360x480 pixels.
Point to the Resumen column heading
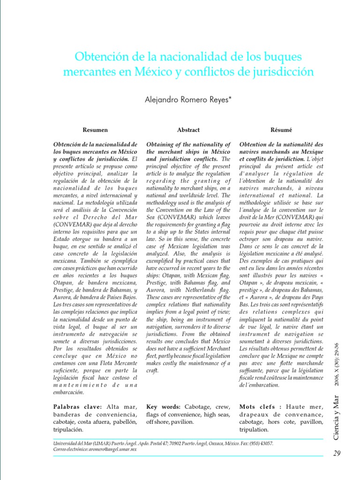95,130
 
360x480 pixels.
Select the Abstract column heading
188,130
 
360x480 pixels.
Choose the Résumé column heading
281,130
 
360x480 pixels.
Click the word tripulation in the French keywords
254,429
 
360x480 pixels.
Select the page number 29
337,453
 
